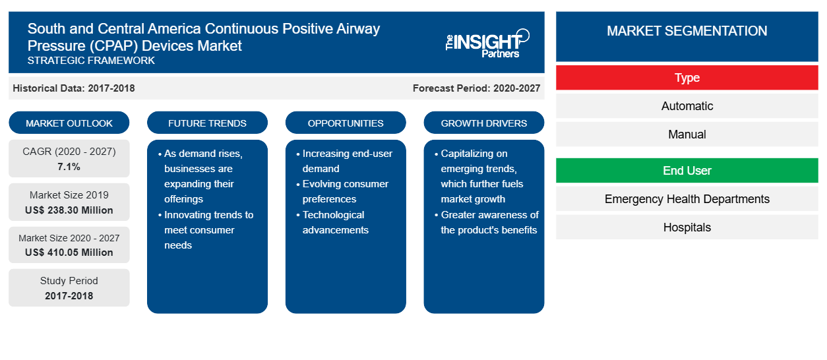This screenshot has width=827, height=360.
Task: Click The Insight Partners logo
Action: [487, 44]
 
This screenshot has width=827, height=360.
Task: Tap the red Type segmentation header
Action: [687, 78]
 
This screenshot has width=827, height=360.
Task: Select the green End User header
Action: [687, 171]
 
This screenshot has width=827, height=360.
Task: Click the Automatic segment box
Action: [687, 106]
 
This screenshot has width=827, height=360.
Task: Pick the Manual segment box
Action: [687, 135]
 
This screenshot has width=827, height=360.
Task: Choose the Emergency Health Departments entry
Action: [687, 199]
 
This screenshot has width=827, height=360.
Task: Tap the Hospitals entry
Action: [687, 227]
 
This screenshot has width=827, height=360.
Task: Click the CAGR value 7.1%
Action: [69, 167]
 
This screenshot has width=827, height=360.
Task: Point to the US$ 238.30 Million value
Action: [69, 210]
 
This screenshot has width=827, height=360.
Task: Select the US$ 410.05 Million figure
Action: [69, 253]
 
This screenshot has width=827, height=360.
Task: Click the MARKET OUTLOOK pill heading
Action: [69, 123]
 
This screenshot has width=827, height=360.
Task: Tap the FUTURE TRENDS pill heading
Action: [207, 123]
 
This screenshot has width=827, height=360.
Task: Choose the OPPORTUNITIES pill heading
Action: [346, 123]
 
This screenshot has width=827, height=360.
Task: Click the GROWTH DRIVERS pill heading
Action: [483, 123]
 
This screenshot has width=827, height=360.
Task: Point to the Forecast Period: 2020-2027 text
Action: [476, 88]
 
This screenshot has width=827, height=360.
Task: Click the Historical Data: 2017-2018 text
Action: [74, 88]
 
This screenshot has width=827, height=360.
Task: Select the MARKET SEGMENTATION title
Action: [687, 31]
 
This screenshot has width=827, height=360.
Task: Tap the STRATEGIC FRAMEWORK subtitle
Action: [91, 61]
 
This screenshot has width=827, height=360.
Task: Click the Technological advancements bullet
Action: [332, 222]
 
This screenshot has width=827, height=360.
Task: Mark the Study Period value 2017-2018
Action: [69, 296]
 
